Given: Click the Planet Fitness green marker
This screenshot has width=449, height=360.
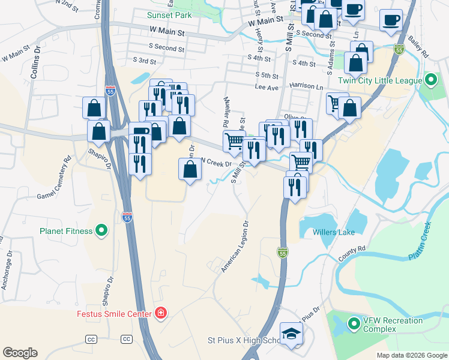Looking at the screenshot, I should click(x=101, y=230).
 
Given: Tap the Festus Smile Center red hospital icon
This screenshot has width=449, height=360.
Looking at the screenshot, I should click(x=160, y=313).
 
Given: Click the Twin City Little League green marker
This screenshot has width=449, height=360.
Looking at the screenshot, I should click(x=430, y=80).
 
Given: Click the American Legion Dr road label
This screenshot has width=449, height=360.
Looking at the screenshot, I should click(x=234, y=247).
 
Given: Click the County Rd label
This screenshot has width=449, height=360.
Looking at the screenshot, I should click(x=352, y=253).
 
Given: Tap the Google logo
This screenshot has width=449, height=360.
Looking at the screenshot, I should click(x=20, y=352).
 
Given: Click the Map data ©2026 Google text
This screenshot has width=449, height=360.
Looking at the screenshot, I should click(x=411, y=355).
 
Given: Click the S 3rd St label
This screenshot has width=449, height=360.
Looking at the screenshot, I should click(x=144, y=61).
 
